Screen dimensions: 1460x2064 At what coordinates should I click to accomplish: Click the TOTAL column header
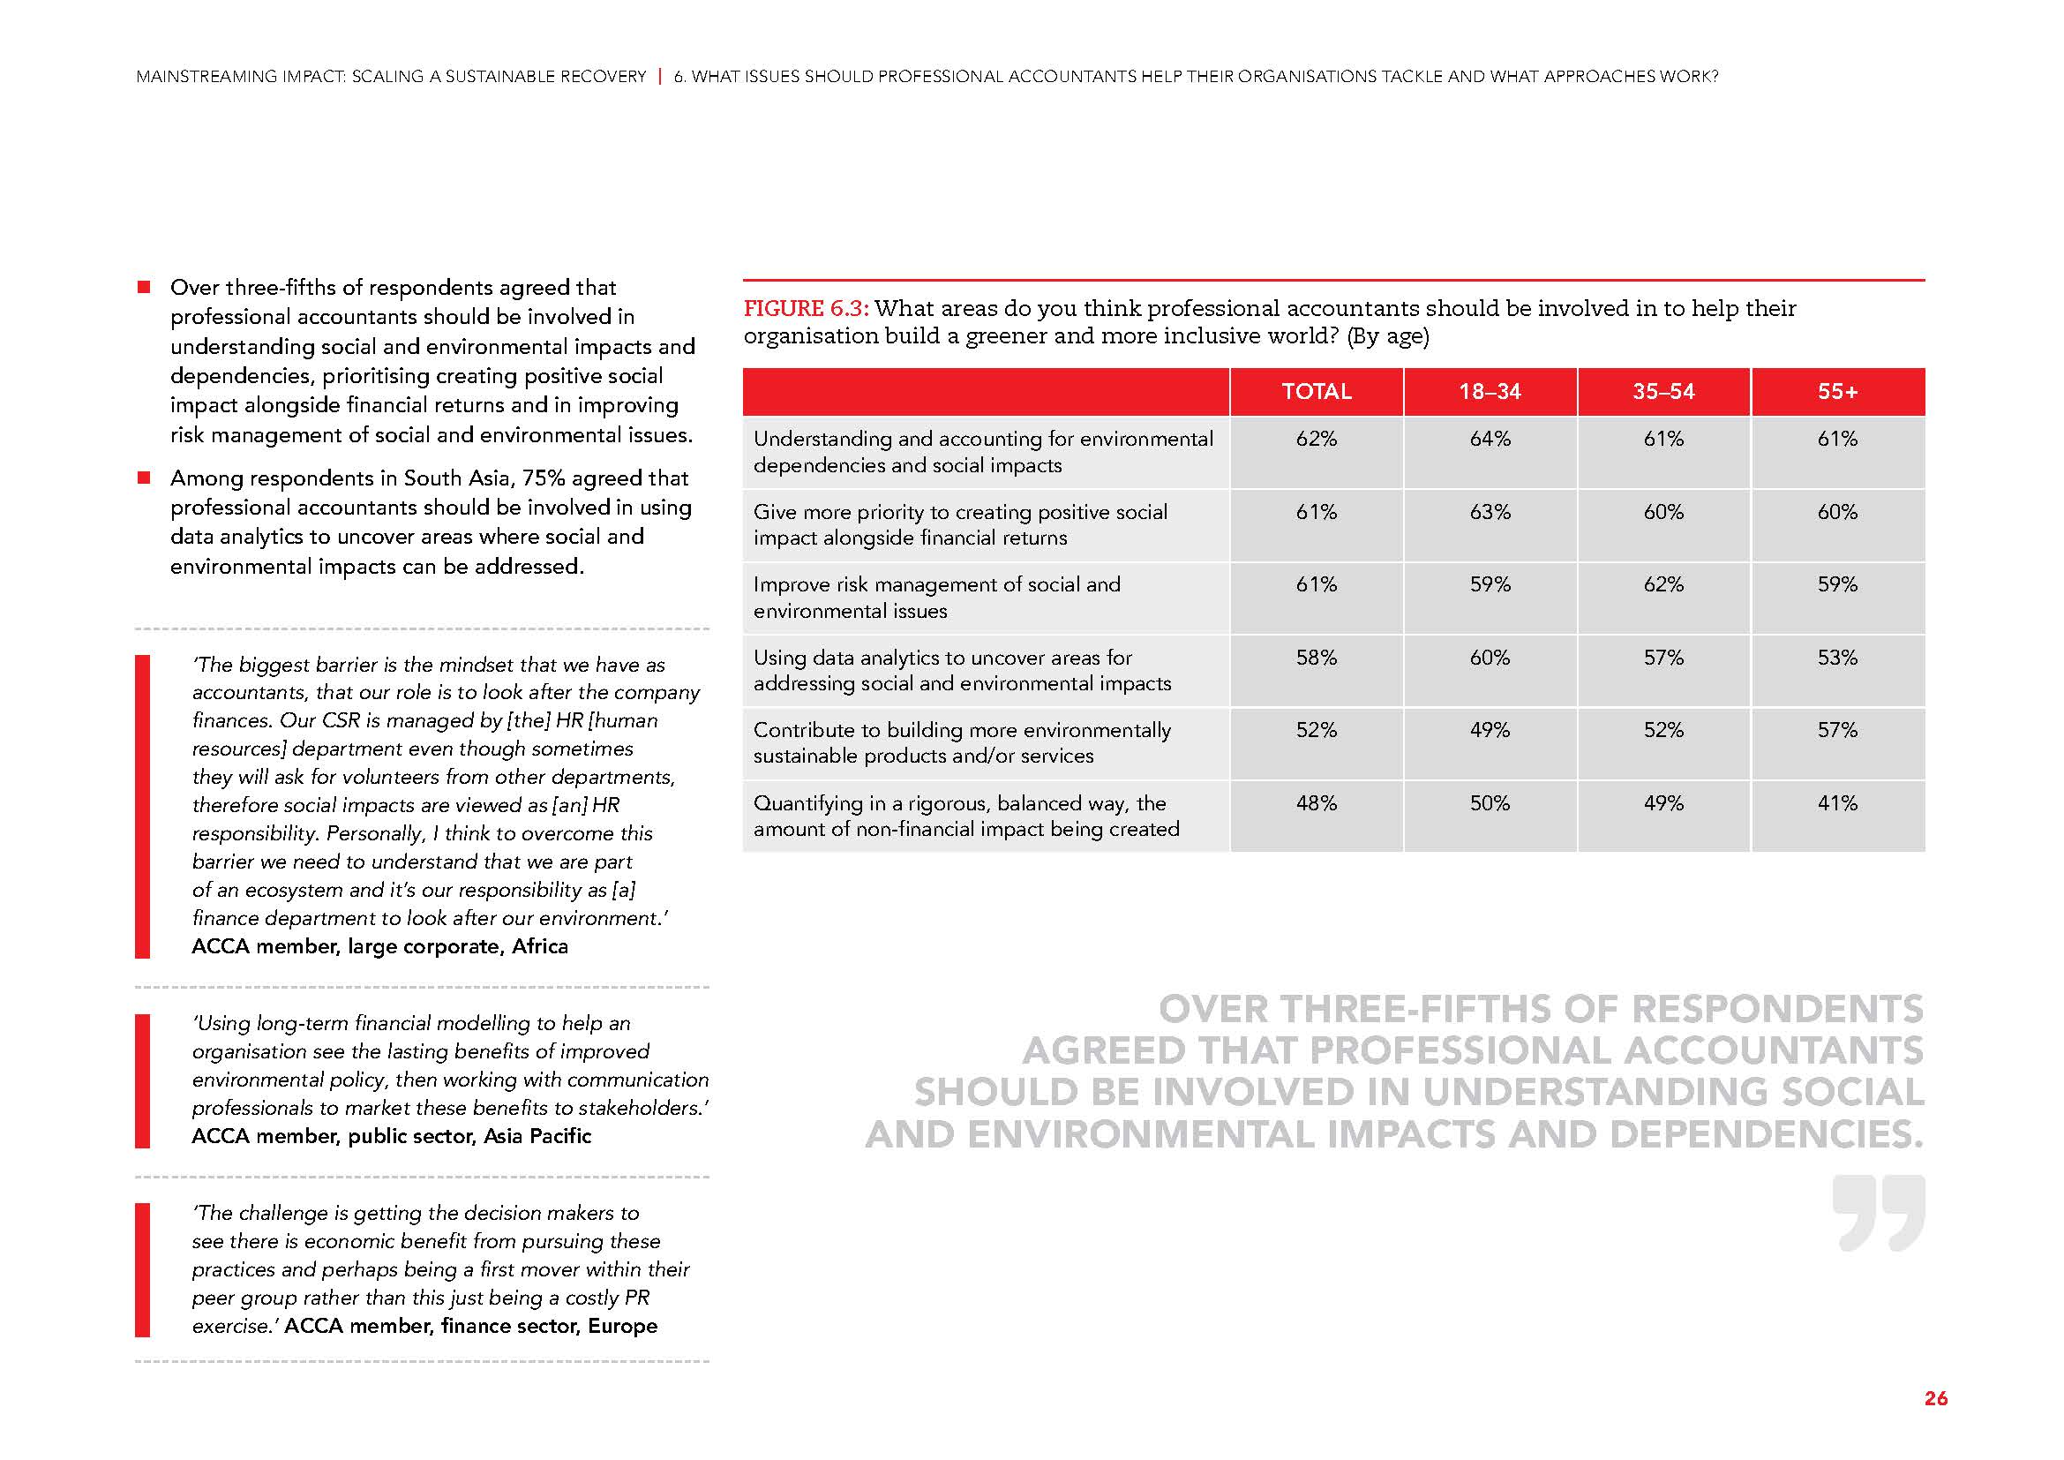pos(1316,392)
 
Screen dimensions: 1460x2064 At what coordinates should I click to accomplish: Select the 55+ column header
pos(1836,392)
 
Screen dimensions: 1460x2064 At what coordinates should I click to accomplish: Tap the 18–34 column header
pos(1490,392)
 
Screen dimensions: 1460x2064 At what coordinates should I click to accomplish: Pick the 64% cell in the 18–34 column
pos(1490,440)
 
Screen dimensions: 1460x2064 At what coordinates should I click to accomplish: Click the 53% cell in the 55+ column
pos(1836,659)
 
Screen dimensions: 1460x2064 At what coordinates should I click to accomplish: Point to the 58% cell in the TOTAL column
pos(1316,659)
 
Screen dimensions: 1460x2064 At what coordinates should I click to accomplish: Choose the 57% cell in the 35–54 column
pos(1663,659)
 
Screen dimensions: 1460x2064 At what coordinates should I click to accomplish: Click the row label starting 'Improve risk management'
pos(937,598)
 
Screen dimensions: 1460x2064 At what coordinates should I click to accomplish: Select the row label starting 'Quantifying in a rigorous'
pos(965,817)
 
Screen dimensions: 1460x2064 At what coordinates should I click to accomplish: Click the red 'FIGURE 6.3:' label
pos(806,309)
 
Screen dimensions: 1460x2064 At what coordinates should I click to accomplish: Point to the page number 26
pos(1935,1399)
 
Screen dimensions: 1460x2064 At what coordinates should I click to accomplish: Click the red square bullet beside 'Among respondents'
pos(144,478)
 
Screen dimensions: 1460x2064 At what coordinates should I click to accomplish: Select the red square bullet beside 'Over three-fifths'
pos(144,288)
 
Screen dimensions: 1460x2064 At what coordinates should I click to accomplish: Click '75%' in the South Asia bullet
pos(544,478)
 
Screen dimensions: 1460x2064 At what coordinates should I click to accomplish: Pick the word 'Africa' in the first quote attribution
pos(539,946)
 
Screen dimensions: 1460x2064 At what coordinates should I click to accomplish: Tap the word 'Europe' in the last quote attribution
pos(622,1326)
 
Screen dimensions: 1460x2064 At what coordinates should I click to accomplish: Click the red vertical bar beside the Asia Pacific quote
pos(142,1080)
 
